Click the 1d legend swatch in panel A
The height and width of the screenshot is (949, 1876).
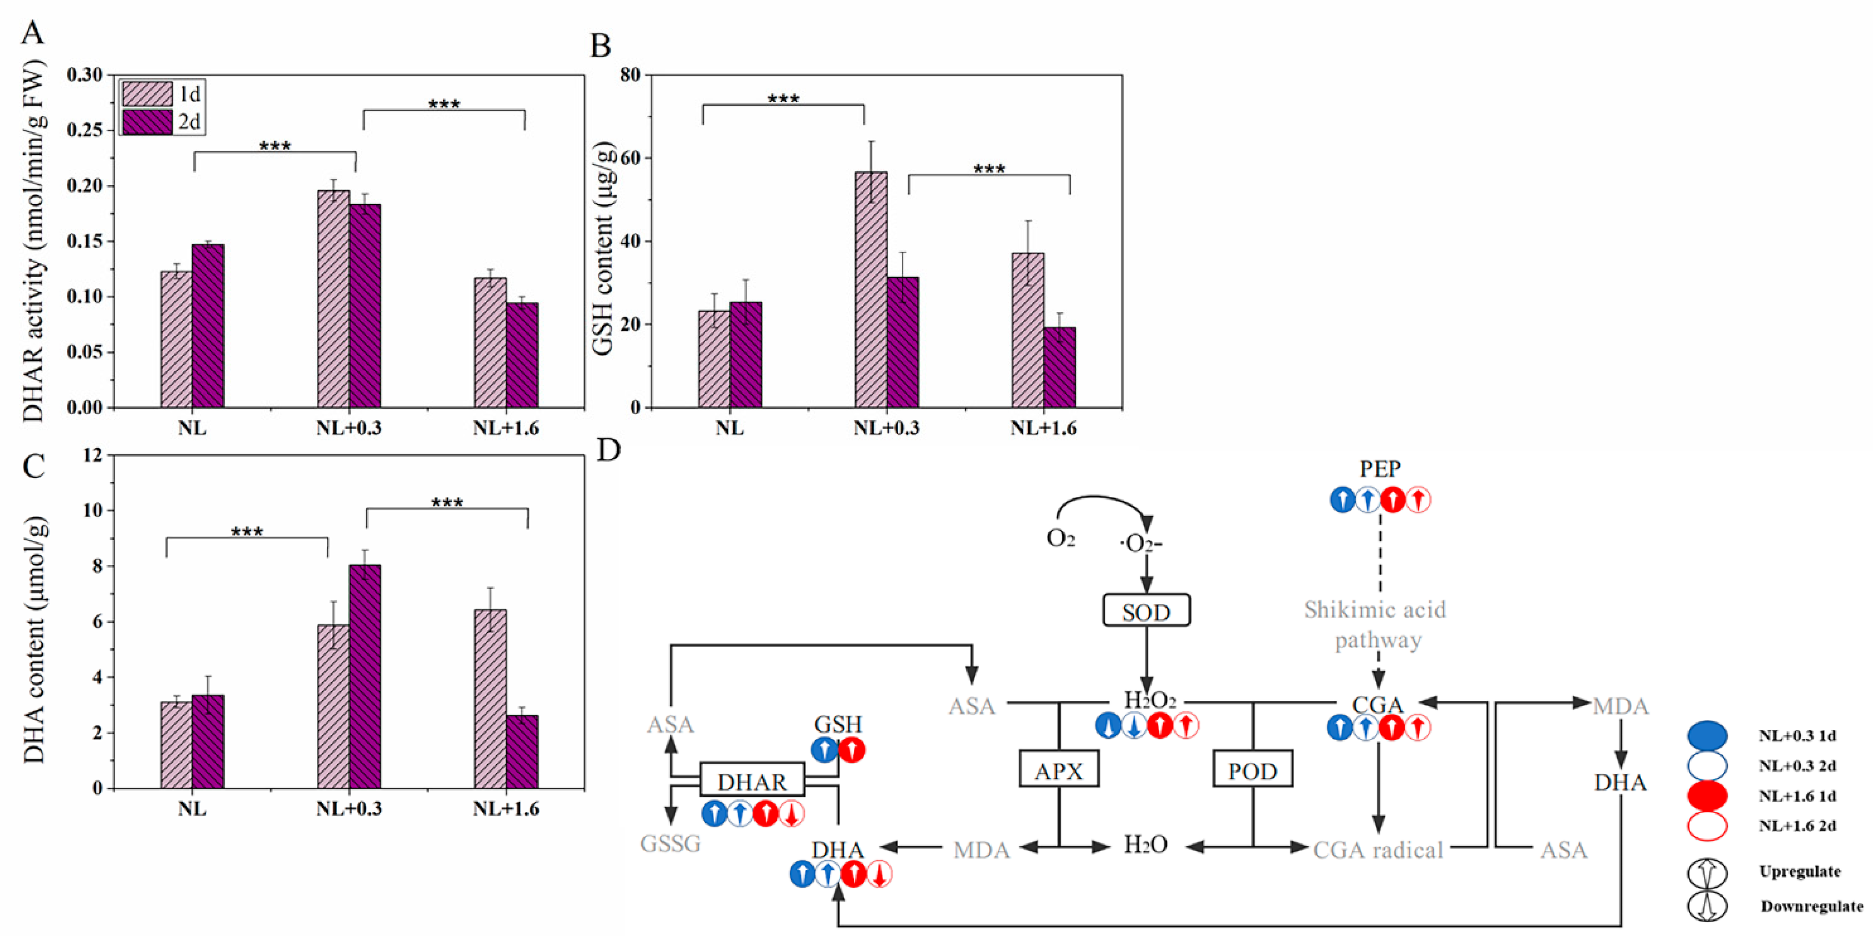pos(147,94)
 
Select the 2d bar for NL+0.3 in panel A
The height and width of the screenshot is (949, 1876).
pos(365,306)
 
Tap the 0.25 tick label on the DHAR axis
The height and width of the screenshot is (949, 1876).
pos(85,131)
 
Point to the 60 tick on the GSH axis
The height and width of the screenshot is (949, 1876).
pos(630,158)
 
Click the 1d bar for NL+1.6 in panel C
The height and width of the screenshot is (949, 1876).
pos(490,699)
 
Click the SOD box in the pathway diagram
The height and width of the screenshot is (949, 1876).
pos(1146,611)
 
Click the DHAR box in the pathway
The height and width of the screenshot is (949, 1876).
pos(752,781)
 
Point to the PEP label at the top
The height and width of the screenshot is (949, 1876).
pos(1379,469)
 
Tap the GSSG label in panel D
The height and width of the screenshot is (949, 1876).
pos(670,843)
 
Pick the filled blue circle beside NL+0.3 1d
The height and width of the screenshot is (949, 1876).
pos(1707,736)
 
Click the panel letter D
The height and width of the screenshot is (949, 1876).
pos(609,451)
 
